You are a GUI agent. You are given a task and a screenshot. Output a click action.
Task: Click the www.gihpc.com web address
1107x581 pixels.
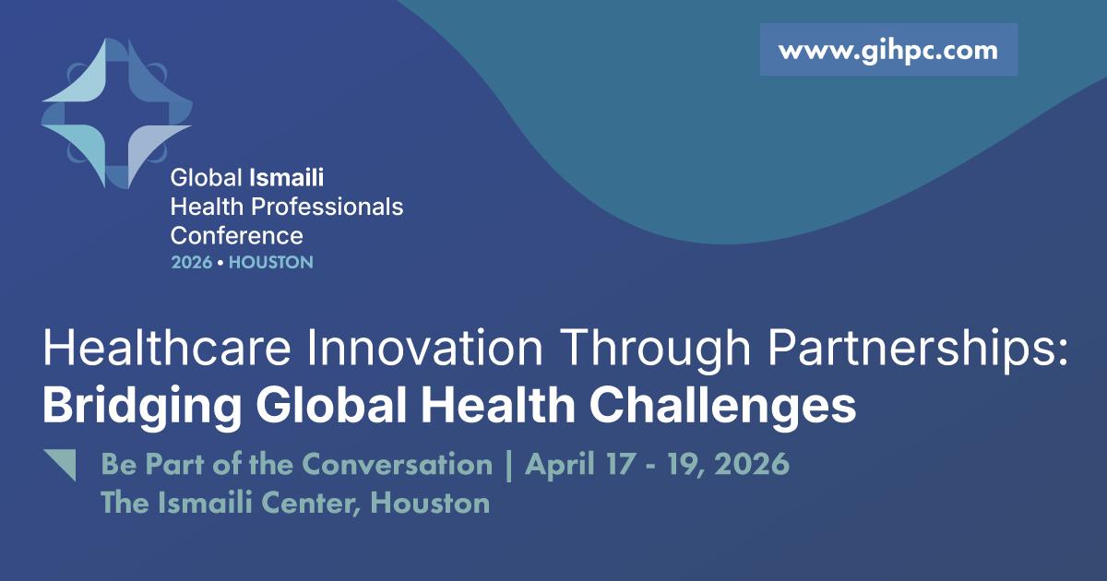point(888,52)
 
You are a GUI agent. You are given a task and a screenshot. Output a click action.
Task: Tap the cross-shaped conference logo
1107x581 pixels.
point(116,113)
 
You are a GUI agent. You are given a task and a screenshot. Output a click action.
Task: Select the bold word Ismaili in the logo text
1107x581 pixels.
point(287,177)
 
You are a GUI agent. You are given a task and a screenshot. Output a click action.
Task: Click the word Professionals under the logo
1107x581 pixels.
point(327,207)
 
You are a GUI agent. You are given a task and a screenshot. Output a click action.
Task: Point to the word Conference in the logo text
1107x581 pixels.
point(237,236)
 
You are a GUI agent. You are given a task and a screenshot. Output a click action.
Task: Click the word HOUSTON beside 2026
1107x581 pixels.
point(271,262)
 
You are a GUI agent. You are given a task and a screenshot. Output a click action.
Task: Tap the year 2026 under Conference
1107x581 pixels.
point(191,262)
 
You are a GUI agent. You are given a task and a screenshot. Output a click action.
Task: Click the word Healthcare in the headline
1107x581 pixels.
point(167,348)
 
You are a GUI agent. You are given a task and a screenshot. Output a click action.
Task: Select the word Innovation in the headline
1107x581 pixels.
point(424,348)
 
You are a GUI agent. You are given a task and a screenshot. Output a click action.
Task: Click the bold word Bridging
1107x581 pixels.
point(142,406)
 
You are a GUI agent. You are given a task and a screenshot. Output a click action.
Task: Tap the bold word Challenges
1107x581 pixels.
point(722,406)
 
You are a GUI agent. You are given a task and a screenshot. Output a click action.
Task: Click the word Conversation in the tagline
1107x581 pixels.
point(398,465)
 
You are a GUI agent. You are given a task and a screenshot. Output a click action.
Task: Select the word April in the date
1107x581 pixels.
point(559,466)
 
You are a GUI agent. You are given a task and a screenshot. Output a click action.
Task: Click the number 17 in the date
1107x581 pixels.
point(620,465)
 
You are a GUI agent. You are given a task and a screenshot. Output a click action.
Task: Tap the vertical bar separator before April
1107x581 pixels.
point(508,466)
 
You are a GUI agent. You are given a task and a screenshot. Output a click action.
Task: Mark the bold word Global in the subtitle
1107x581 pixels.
point(331,406)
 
